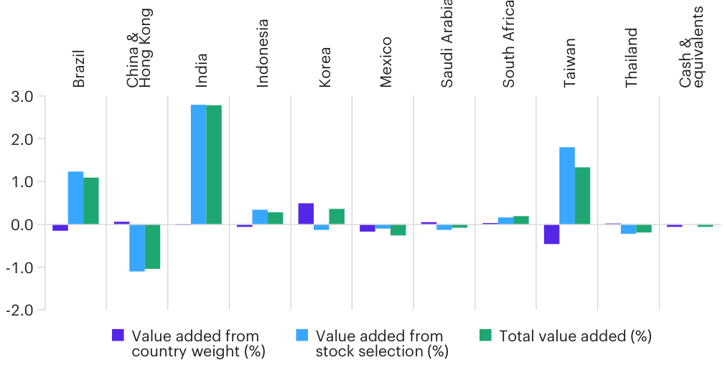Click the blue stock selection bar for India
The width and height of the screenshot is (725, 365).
click(199, 165)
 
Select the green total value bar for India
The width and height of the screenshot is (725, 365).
click(214, 165)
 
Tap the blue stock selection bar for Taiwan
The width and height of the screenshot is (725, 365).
click(567, 186)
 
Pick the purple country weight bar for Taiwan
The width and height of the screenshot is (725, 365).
click(551, 234)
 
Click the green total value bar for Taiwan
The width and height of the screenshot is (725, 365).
click(582, 196)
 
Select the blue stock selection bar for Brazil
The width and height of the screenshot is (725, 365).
click(75, 198)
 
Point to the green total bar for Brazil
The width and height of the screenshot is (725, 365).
click(91, 201)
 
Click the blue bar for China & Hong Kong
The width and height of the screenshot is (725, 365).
click(137, 247)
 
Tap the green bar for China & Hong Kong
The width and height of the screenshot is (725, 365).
click(152, 247)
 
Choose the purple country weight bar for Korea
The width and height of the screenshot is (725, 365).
click(306, 214)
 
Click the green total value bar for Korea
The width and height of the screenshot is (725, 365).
click(337, 217)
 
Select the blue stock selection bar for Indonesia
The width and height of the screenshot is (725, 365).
click(260, 217)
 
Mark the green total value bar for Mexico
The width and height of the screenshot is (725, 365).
click(398, 229)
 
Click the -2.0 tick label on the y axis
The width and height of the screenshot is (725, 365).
click(22, 310)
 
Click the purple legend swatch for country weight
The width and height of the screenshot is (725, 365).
click(118, 335)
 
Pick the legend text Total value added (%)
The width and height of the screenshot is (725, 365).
click(575, 336)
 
